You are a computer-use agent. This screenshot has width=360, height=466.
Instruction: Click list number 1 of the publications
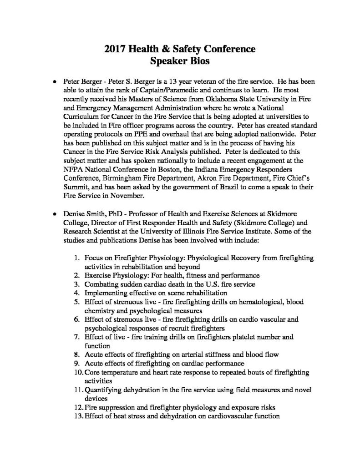pyautogui.click(x=77, y=258)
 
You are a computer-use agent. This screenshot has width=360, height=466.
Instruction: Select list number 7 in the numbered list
pyautogui.click(x=77, y=337)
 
